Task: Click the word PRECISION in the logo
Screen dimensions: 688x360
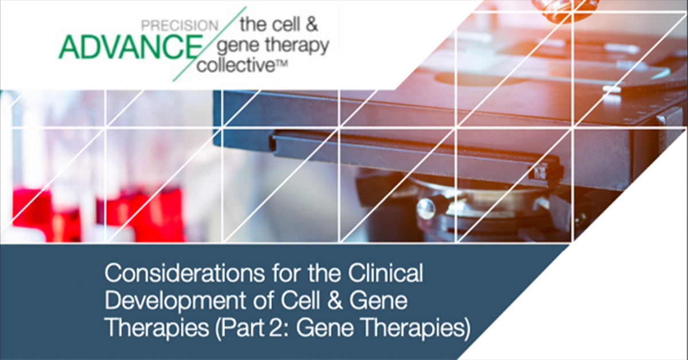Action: click(x=179, y=26)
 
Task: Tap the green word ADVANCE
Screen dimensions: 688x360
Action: click(x=131, y=48)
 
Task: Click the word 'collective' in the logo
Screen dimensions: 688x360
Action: click(x=236, y=65)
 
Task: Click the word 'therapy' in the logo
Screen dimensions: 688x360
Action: click(x=297, y=46)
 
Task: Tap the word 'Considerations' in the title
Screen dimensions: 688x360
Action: click(x=185, y=273)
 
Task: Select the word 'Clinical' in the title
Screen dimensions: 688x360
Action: click(x=385, y=273)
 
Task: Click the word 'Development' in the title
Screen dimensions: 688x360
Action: click(x=175, y=300)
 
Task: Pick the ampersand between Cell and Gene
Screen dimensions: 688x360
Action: click(x=335, y=300)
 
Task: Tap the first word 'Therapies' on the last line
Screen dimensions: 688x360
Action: click(x=157, y=328)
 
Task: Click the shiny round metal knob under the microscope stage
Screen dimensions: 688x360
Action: click(x=427, y=209)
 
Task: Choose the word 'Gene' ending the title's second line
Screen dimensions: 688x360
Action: click(x=378, y=300)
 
